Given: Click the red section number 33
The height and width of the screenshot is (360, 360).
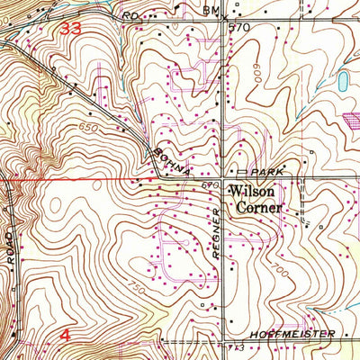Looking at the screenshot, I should (x=71, y=29).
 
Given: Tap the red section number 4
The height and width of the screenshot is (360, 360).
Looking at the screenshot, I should (x=65, y=335).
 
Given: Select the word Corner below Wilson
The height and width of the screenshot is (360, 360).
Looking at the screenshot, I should (x=259, y=206).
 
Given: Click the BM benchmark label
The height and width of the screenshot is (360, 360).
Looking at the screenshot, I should (x=211, y=10).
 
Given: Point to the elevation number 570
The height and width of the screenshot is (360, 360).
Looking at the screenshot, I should (x=238, y=27).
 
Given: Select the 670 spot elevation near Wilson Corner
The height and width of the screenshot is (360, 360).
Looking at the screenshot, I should (x=211, y=185).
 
